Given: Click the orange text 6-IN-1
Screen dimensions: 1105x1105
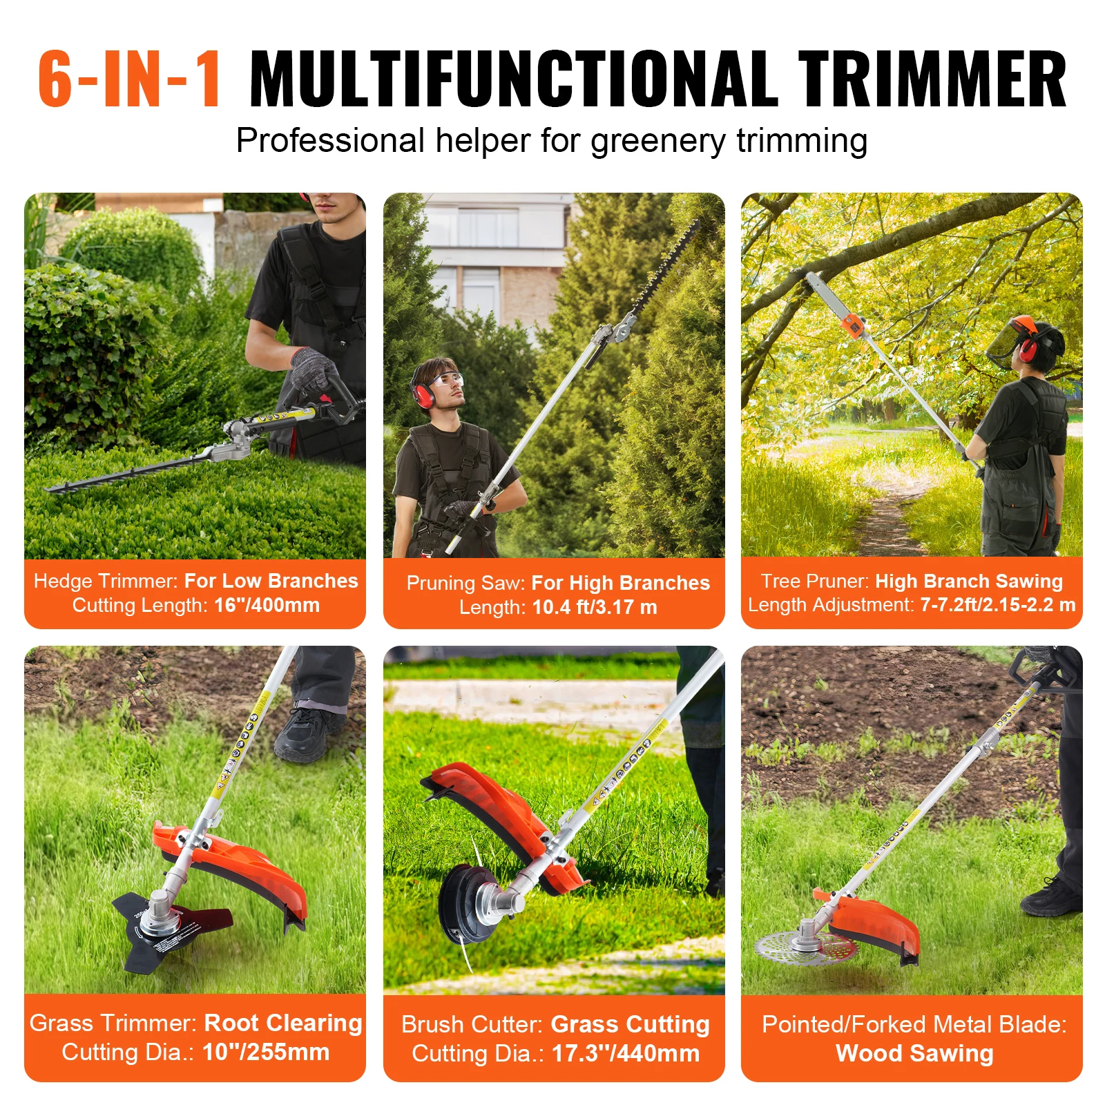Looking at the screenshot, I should point(129,79).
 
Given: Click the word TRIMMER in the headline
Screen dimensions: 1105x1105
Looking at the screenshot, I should point(932,79).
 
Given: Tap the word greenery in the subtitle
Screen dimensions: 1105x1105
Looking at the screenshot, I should point(657,141).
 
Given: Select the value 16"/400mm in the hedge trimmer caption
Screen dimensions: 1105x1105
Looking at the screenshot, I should point(267,605).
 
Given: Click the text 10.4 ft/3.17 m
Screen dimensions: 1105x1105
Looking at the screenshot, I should point(595,607).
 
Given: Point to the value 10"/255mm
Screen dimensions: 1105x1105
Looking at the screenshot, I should point(266,1052).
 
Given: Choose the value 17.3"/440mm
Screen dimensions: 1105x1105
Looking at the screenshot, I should point(626,1053).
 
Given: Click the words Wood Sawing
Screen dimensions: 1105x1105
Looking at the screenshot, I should point(914,1053).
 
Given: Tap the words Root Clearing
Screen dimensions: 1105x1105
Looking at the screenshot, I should point(283,1023).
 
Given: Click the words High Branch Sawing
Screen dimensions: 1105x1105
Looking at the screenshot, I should point(968,581).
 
